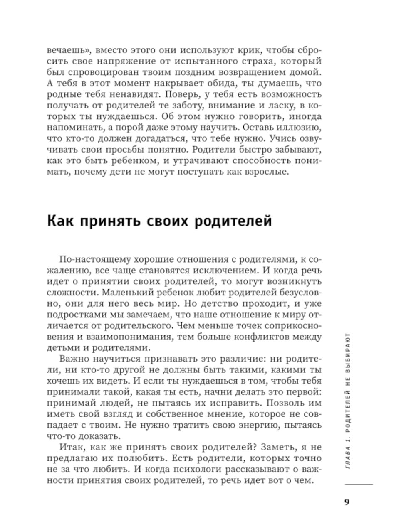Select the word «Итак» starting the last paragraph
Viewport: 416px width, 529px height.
[x=70, y=447]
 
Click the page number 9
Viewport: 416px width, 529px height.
[x=347, y=502]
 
